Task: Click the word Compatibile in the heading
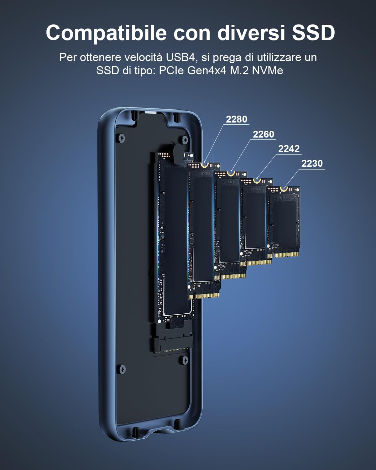106,33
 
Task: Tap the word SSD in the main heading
313,33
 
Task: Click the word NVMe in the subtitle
267,70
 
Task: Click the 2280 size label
236,119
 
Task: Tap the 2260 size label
263,134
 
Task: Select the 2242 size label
289,149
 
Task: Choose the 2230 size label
312,163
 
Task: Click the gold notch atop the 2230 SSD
284,189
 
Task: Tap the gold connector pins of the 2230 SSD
286,254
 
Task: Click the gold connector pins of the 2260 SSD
233,276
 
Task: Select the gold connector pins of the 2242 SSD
259,262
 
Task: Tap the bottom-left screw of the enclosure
122,369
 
